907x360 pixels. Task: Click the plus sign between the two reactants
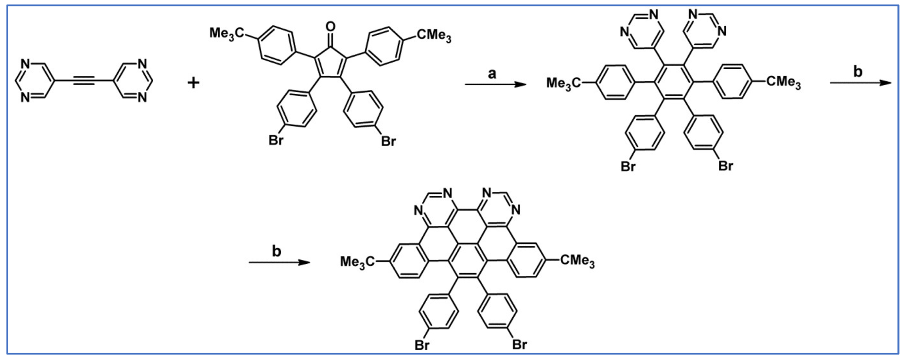(193, 83)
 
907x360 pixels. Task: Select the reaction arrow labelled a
(495, 85)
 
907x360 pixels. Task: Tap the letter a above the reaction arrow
(492, 73)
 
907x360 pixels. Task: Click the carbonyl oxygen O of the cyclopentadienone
(331, 25)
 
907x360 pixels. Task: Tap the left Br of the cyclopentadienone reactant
(276, 141)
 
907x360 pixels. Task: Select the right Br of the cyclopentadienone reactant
(388, 141)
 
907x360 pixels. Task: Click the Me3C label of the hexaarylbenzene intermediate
(563, 83)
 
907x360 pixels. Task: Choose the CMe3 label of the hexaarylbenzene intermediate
(784, 82)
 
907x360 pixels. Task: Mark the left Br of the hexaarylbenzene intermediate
(628, 167)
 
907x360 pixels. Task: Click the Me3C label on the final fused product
(357, 262)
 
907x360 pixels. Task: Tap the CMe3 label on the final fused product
(577, 261)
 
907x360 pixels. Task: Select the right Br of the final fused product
(519, 345)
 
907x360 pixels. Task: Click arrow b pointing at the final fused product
(279, 263)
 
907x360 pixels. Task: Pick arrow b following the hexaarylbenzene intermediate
(860, 83)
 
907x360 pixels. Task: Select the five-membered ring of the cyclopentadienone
(330, 62)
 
